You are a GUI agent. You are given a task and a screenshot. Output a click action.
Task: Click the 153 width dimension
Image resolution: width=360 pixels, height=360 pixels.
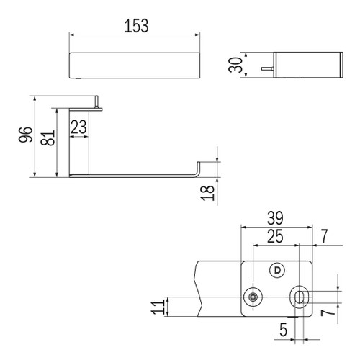(135, 26)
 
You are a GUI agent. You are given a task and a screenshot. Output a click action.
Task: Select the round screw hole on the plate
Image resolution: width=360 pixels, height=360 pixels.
(253, 297)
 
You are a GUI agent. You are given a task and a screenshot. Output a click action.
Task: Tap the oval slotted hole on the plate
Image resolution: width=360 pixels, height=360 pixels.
(300, 297)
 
